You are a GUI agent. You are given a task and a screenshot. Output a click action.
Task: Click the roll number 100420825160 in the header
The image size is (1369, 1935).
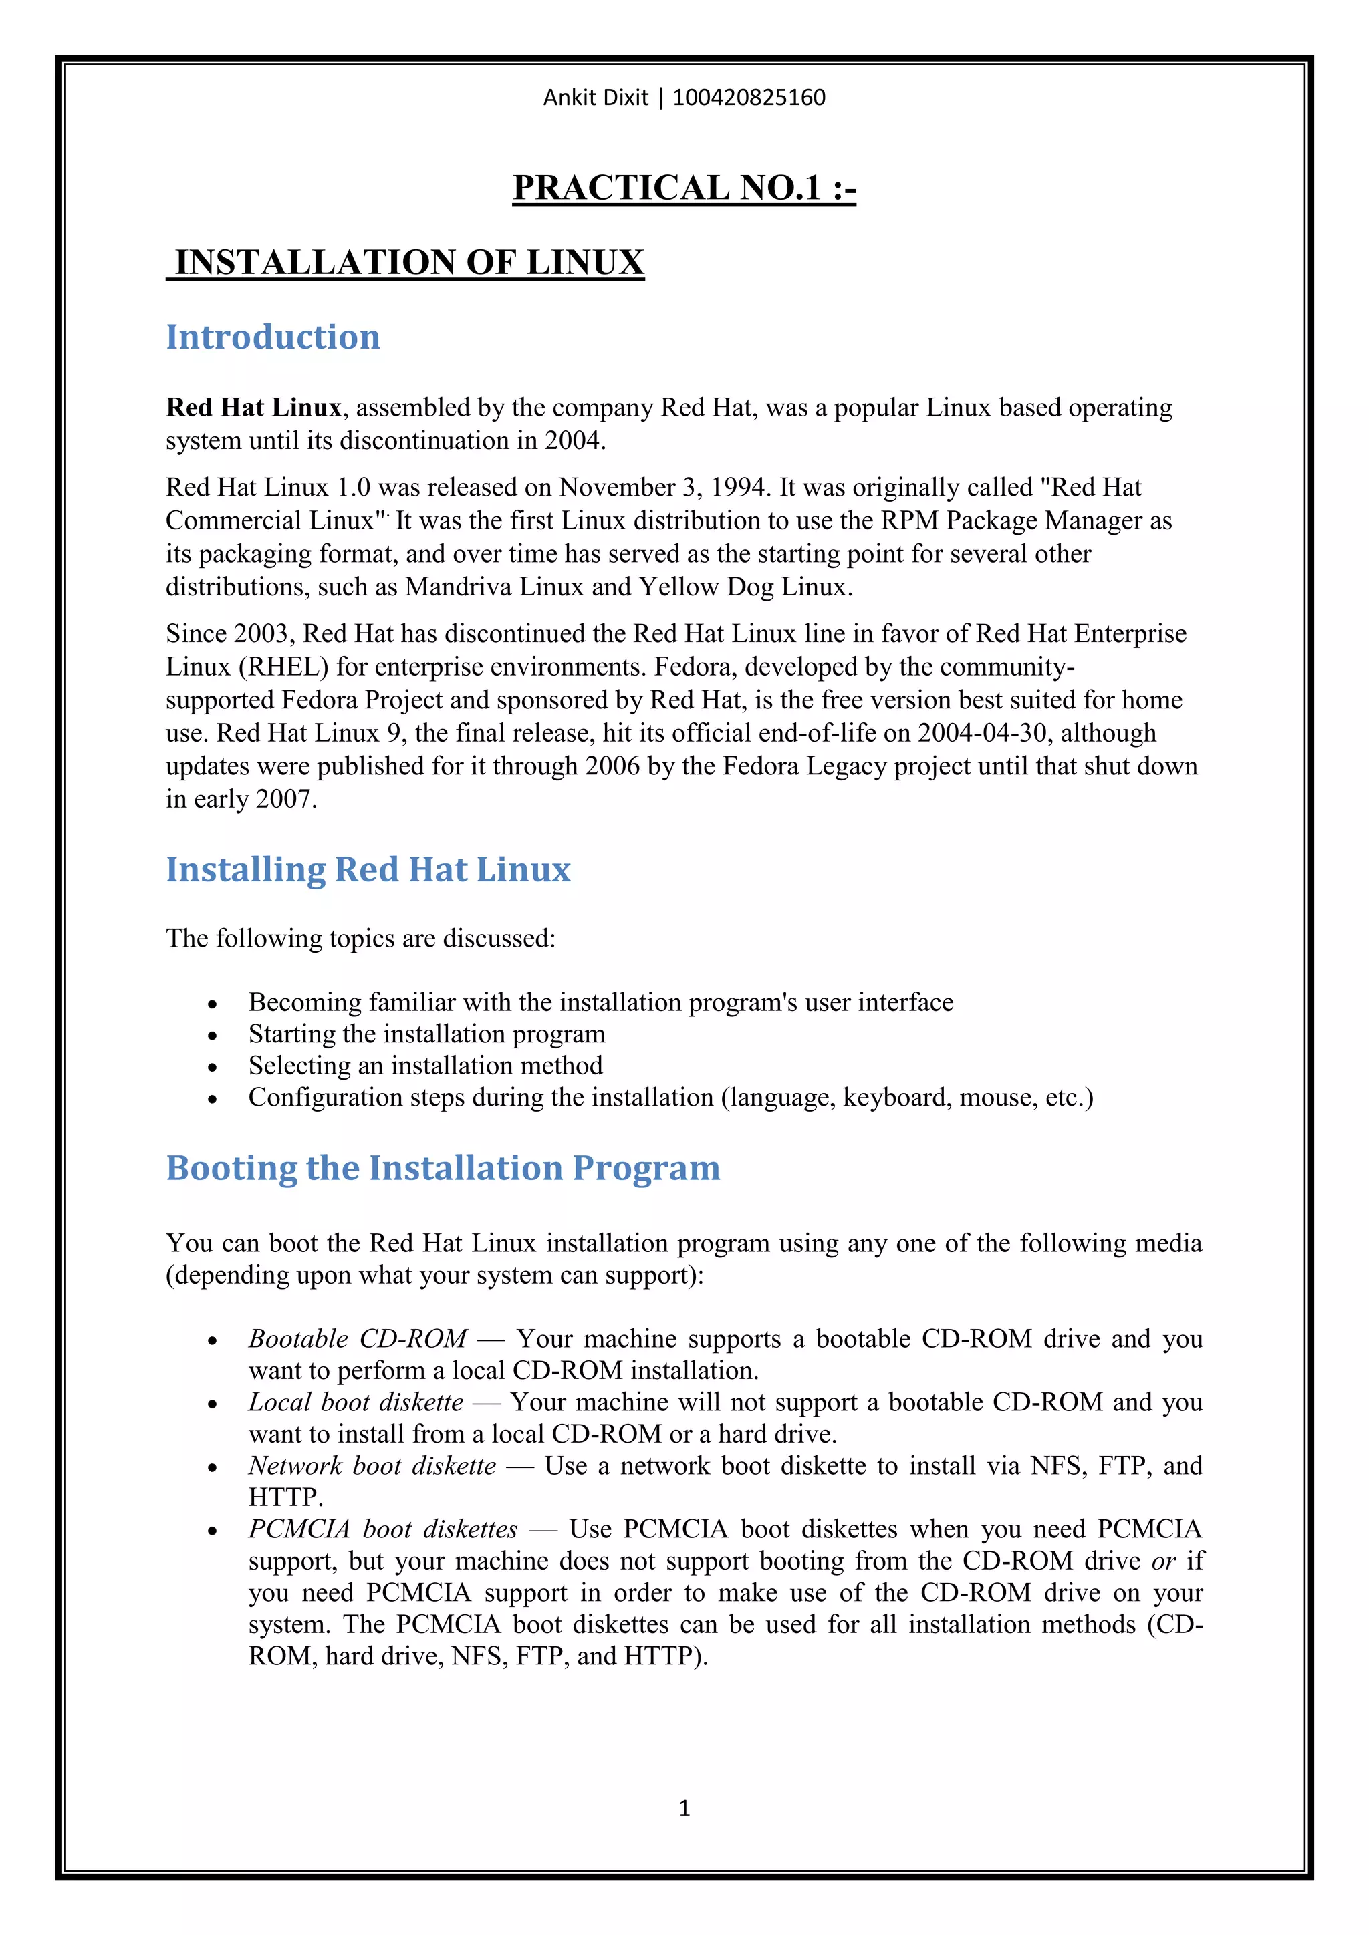tap(749, 98)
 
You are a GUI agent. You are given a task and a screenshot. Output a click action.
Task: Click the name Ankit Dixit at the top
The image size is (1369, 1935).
tap(595, 98)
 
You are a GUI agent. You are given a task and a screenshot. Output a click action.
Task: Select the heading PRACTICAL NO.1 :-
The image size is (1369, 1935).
tap(684, 188)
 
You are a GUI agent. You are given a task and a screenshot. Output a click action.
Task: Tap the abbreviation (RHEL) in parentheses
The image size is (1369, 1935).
tap(283, 667)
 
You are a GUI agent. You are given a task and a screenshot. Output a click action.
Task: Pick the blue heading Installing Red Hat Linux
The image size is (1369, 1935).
tap(368, 870)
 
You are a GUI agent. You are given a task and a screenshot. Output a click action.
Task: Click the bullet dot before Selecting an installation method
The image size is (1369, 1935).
tap(213, 1068)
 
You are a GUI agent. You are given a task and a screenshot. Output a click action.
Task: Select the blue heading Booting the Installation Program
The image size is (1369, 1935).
tap(443, 1168)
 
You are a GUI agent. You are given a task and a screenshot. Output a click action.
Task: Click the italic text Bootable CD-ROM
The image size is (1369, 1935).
tap(358, 1339)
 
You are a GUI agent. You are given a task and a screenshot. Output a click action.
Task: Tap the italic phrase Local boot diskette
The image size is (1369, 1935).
tap(356, 1402)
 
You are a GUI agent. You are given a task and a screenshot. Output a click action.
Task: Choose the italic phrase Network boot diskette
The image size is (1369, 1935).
tap(372, 1465)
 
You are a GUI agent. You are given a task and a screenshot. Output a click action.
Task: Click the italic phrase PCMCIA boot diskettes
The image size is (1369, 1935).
tap(383, 1529)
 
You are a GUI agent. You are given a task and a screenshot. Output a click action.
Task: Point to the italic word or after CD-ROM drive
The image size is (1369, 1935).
tap(1163, 1561)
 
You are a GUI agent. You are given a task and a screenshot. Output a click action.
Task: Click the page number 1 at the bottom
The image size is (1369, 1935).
tap(684, 1808)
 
